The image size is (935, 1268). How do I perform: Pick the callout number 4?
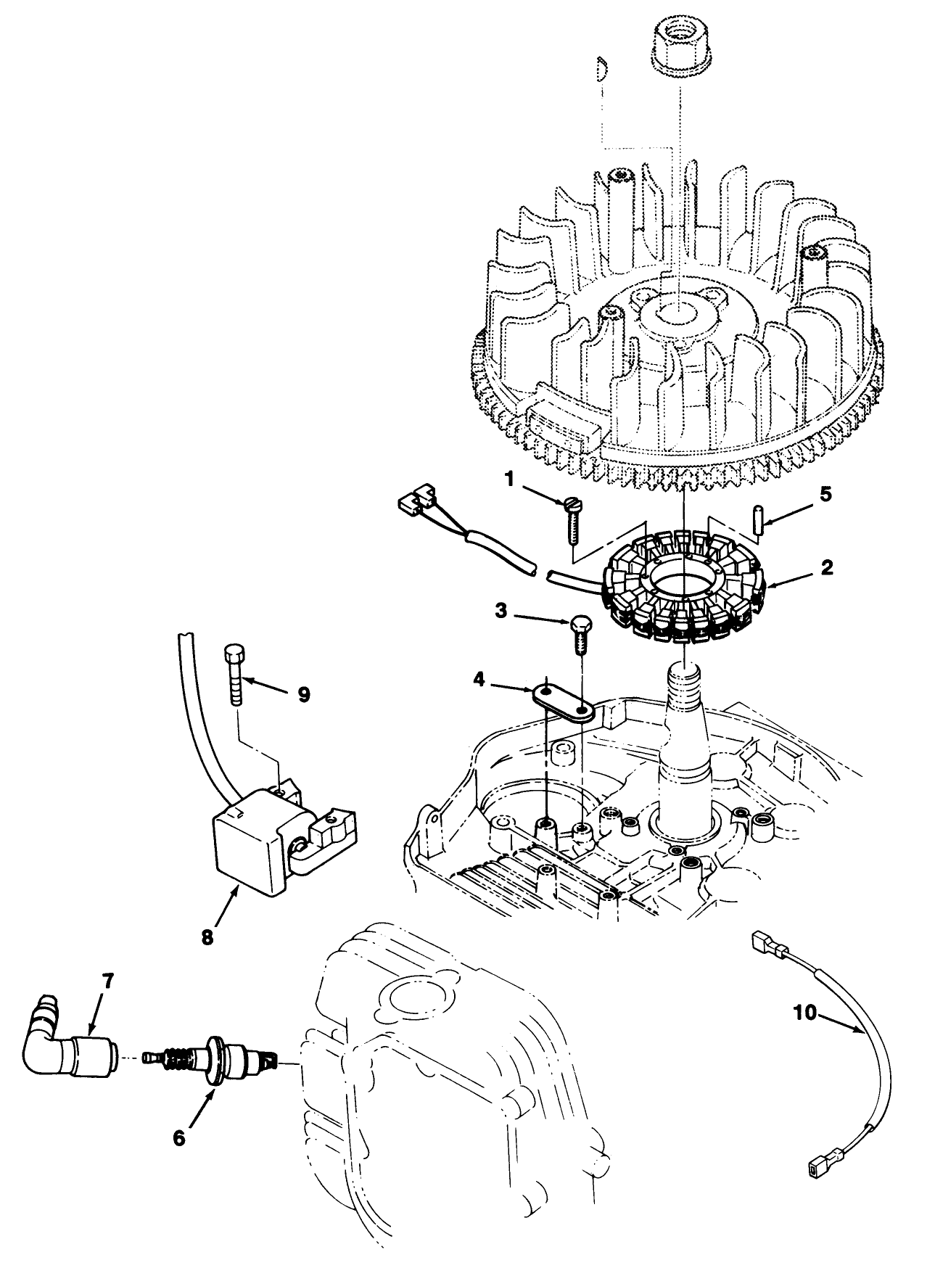tap(479, 680)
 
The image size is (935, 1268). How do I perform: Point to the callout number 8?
tap(207, 936)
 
